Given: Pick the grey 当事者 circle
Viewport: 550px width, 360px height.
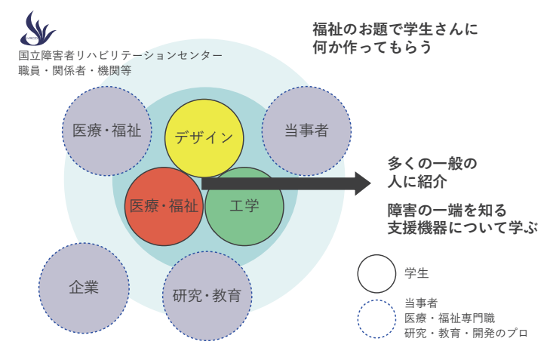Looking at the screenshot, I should click(x=306, y=130).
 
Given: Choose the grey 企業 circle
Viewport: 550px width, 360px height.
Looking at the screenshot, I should click(x=84, y=287).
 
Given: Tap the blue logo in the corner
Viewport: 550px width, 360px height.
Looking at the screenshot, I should click(x=38, y=29).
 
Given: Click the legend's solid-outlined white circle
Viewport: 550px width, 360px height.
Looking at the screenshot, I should click(x=376, y=273).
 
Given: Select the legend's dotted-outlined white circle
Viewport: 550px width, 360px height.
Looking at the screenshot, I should click(x=376, y=318).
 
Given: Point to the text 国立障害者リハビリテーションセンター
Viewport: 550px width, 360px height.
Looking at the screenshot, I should click(x=121, y=56).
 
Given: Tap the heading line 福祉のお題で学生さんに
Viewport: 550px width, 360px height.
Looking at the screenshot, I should click(x=395, y=29).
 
